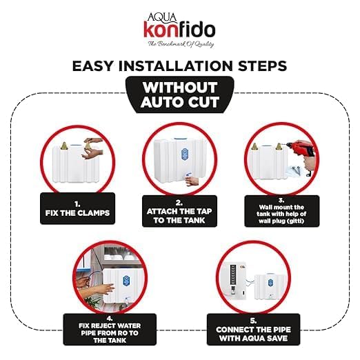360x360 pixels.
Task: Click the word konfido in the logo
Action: click(179, 30)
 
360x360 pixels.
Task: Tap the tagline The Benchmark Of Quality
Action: click(181, 43)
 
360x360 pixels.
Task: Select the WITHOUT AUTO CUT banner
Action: click(180, 94)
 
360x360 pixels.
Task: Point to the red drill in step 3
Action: click(301, 153)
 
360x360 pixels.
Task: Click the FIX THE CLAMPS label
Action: click(77, 208)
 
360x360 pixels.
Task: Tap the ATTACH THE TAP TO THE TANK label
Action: click(179, 211)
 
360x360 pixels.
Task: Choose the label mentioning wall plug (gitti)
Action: click(281, 211)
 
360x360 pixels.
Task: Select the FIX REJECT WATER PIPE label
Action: click(110, 330)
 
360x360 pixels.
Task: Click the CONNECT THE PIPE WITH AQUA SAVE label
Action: click(253, 330)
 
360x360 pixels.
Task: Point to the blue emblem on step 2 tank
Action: click(185, 154)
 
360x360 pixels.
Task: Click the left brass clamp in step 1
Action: click(64, 146)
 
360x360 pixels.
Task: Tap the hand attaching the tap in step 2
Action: click(192, 181)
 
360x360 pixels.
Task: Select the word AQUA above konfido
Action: click(162, 17)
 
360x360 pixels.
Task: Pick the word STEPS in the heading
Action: click(262, 66)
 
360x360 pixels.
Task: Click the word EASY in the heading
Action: click(93, 66)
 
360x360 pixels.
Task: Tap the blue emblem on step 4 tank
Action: click(126, 281)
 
